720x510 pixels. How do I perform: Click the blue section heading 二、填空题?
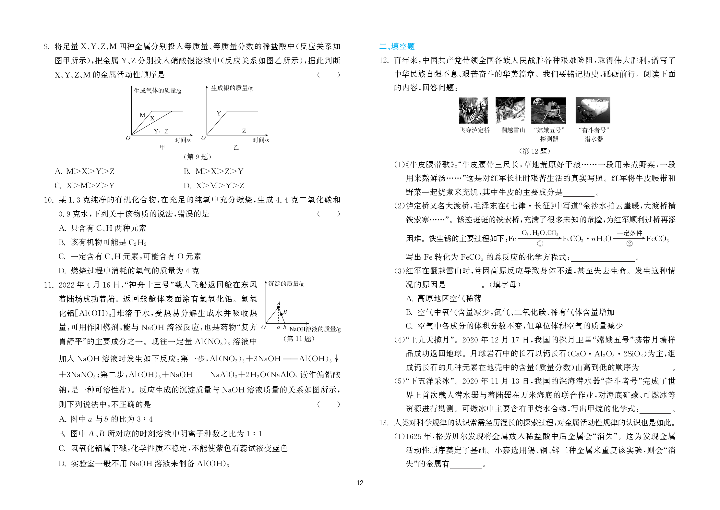pos(397,46)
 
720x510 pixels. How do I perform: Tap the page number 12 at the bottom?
pos(360,483)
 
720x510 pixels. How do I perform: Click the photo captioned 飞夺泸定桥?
pos(473,110)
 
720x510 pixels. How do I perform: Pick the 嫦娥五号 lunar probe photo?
pos(548,110)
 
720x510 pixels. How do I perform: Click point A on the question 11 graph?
pos(278,307)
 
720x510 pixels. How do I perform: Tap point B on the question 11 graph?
pos(281,314)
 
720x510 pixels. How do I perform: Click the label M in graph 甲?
pos(142,115)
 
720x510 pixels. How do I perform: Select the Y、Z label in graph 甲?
pos(161,131)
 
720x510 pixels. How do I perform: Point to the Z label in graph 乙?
pos(244,131)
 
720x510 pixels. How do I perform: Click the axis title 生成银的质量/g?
pos(232,88)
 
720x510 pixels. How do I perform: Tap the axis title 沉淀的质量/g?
pos(286,284)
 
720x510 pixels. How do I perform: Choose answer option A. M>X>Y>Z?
pos(85,171)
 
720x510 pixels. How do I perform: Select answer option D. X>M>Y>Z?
pos(214,186)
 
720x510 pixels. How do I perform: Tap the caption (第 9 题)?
pos(197,157)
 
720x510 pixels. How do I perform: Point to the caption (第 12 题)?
pos(534,151)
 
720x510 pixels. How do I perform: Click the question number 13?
pos(384,423)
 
